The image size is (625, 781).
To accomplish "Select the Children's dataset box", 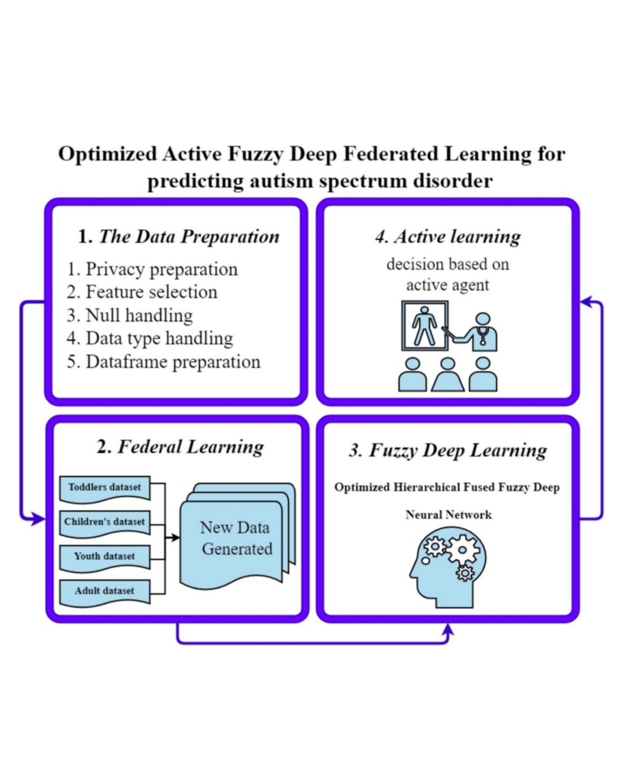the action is coord(104,523).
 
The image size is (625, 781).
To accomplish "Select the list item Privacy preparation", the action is coord(152,269).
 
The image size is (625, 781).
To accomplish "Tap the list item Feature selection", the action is coord(142,292).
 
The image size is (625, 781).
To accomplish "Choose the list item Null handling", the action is coord(130,315).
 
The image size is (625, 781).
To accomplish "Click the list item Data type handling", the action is coord(150,338).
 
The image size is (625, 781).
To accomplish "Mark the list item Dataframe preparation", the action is coord(163,362).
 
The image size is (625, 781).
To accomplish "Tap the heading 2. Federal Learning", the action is coord(180,447).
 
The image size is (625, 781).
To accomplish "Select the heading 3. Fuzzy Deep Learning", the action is coord(448,450).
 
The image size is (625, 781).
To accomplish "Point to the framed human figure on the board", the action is coord(424,326).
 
